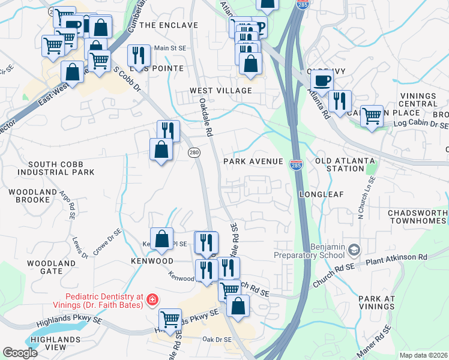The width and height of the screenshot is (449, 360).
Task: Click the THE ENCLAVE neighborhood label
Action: coord(168,25)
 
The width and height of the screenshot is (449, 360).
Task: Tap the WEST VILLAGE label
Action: coord(220,91)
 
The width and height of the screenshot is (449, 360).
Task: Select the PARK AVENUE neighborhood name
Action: coord(253,162)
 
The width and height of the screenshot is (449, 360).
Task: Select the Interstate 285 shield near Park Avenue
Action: coord(295,164)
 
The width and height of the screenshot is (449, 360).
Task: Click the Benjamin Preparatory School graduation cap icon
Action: coord(355,248)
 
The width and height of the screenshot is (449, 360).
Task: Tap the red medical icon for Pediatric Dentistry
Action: coord(152,298)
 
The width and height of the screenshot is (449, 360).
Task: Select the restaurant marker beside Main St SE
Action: coord(139,55)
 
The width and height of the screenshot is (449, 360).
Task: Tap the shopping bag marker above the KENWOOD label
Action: coord(162,238)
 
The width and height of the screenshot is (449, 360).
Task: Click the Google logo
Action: coord(20,353)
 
